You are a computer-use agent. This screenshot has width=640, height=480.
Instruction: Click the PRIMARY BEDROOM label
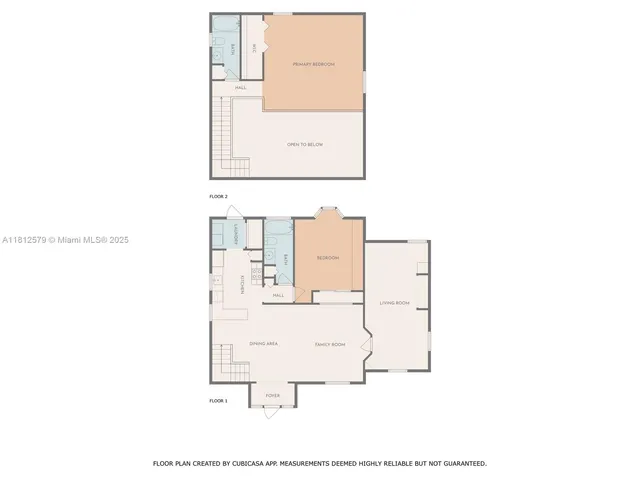pos(313,64)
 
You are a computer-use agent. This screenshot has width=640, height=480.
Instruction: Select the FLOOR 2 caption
pos(218,196)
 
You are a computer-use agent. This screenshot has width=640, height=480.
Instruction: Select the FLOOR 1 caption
pos(218,400)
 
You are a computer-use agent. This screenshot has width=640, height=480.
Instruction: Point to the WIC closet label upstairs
pos(255,47)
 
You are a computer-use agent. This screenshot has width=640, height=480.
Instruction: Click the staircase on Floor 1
pos(226,361)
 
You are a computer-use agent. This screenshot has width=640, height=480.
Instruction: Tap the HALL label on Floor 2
pos(241,88)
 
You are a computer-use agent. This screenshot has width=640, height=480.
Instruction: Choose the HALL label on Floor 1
pos(279,295)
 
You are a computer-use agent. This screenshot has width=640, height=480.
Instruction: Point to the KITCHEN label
pos(243,285)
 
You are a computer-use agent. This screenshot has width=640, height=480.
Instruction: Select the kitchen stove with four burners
pos(255,274)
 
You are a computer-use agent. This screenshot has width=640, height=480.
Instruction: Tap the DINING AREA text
pos(263,343)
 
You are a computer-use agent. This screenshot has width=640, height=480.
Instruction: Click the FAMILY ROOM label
pos(330,343)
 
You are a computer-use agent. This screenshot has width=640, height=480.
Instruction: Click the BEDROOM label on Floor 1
pos(327,258)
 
